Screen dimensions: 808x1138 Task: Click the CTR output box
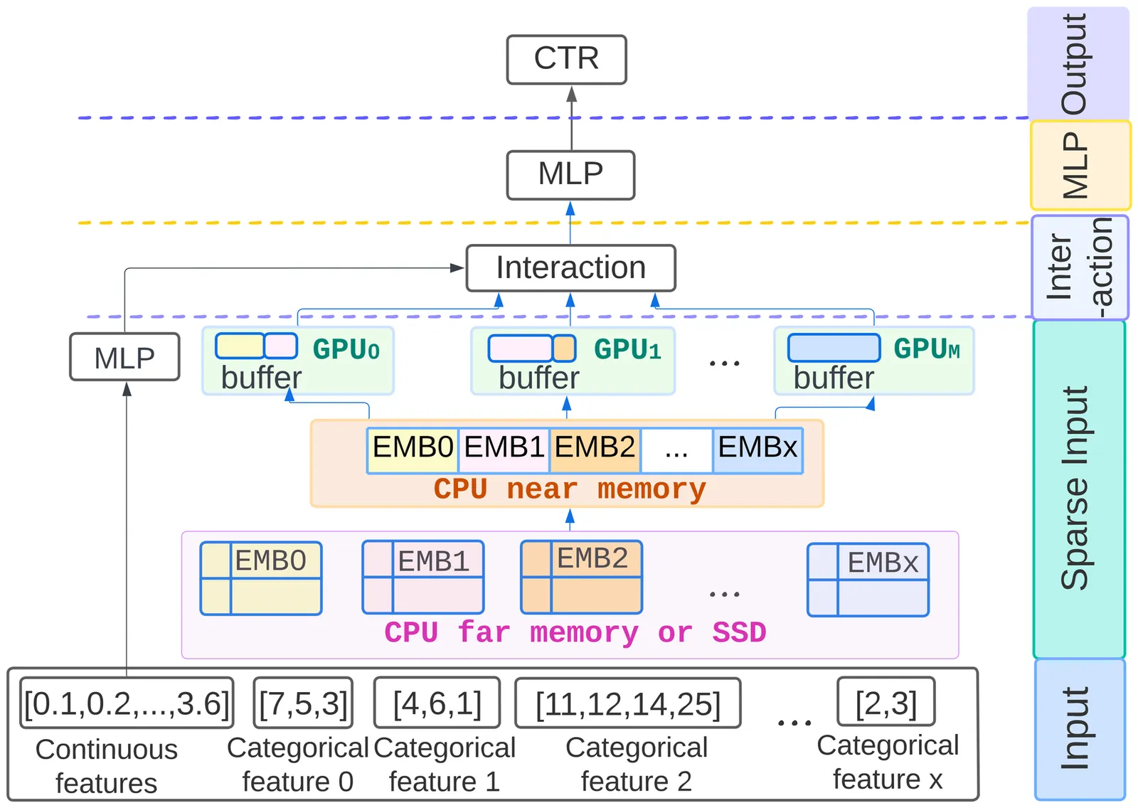pos(566,59)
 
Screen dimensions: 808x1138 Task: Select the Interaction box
pos(570,268)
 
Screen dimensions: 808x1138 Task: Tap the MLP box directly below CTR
pos(570,174)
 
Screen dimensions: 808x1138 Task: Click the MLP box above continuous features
pos(124,357)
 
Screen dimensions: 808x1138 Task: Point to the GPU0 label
pos(346,349)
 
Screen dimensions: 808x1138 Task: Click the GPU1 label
pos(627,349)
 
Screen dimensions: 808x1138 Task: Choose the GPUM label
pos(926,349)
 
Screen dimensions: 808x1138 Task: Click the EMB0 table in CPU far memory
pos(261,578)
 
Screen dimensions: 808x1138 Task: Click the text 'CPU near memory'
pos(570,489)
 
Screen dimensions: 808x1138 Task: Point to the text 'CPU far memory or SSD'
pos(575,632)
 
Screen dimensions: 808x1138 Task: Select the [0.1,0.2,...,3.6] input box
pos(127,703)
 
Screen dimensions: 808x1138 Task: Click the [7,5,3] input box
pos(303,703)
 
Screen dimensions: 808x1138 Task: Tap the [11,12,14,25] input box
pos(627,703)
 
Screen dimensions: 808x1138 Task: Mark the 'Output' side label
pos(1075,64)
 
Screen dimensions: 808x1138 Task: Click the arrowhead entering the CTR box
pos(571,94)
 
